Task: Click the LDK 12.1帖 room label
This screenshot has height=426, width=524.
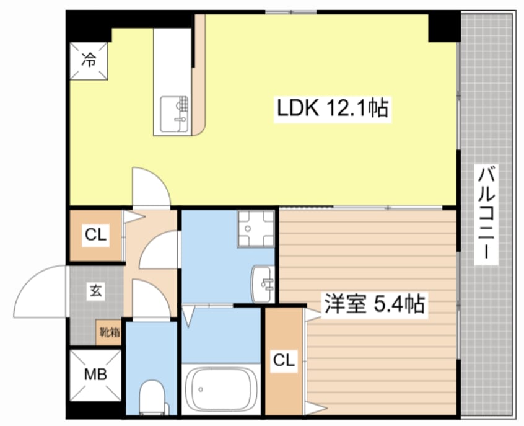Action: pyautogui.click(x=332, y=109)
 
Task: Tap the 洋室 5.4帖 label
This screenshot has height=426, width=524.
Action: pyautogui.click(x=373, y=304)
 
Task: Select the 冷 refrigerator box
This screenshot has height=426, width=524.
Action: pyautogui.click(x=89, y=60)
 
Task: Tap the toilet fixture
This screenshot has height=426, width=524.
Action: pyautogui.click(x=151, y=397)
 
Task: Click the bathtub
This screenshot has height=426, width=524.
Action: pyautogui.click(x=222, y=389)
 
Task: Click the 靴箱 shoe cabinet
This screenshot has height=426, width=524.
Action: pyautogui.click(x=110, y=332)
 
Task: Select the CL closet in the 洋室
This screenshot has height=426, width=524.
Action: pyautogui.click(x=282, y=360)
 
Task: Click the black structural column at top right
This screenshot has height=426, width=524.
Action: pyautogui.click(x=443, y=26)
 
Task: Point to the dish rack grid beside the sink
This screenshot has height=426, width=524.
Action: pyautogui.click(x=185, y=102)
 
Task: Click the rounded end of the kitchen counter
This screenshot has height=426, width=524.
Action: pyautogui.click(x=201, y=124)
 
